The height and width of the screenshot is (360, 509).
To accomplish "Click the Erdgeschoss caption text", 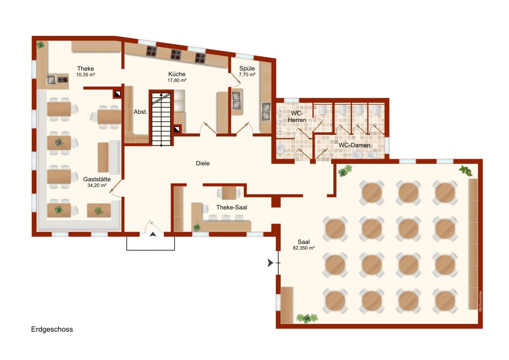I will click(52, 329).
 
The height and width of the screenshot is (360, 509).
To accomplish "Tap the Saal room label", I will click(304, 241).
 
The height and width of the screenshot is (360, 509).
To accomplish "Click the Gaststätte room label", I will click(97, 179).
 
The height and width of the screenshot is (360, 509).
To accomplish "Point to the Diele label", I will click(202, 163).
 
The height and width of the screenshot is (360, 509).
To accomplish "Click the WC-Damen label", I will click(354, 145).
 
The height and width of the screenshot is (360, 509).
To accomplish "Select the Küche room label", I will click(177, 74).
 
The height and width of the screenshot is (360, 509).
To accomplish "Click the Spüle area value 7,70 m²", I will click(247, 74).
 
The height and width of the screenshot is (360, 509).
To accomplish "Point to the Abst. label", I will click(140, 112).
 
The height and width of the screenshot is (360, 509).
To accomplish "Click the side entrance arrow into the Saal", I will click(270, 263).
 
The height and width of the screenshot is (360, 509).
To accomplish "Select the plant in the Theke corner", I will click(41, 45).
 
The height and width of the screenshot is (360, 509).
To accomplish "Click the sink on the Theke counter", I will click(52, 80).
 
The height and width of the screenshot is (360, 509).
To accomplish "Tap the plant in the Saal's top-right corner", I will click(465, 170).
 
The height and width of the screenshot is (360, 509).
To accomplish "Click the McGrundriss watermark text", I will click(480, 302).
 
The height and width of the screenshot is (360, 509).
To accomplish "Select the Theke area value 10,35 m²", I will click(85, 74).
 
